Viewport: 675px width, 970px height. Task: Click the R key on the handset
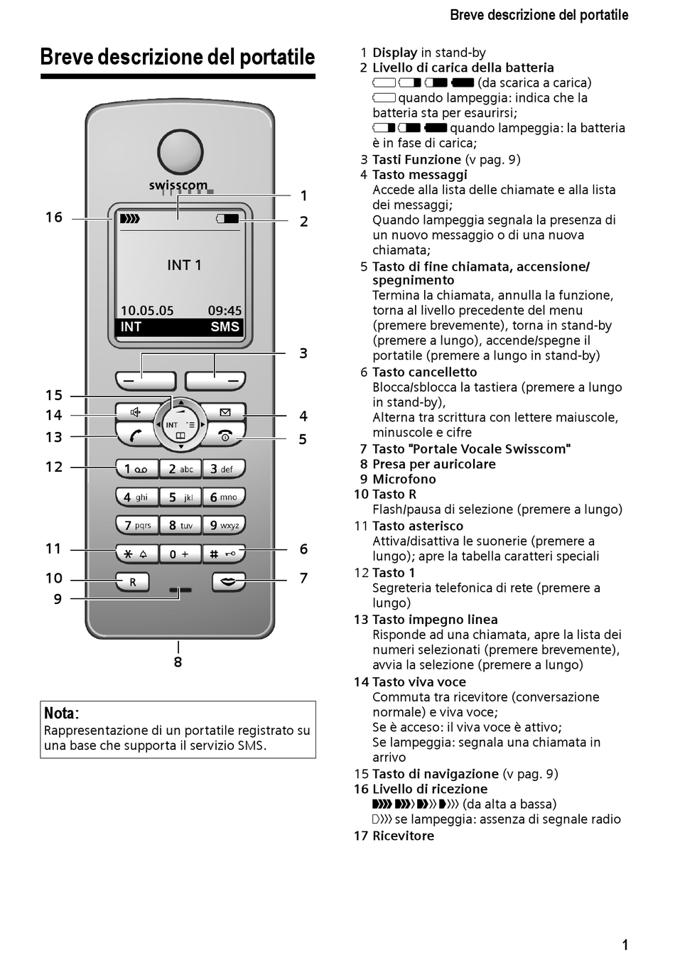133,582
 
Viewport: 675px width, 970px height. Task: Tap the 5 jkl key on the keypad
180,497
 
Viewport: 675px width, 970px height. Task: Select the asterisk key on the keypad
136,554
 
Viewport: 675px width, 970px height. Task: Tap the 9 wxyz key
224,526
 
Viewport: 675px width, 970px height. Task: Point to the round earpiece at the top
180,151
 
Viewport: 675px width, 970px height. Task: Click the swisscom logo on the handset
178,185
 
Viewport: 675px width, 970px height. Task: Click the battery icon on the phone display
228,219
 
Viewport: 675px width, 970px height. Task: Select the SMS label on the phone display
225,327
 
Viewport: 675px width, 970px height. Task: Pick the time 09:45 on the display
225,311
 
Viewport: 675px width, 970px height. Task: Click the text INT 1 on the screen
184,265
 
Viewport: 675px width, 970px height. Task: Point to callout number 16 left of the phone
54,217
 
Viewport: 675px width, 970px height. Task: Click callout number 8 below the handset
178,662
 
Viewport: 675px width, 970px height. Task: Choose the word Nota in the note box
60,713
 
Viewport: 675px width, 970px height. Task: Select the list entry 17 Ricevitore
394,836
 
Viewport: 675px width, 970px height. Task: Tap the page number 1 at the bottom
625,945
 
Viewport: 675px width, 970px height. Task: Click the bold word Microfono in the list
404,479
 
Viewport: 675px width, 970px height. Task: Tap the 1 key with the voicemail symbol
136,469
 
